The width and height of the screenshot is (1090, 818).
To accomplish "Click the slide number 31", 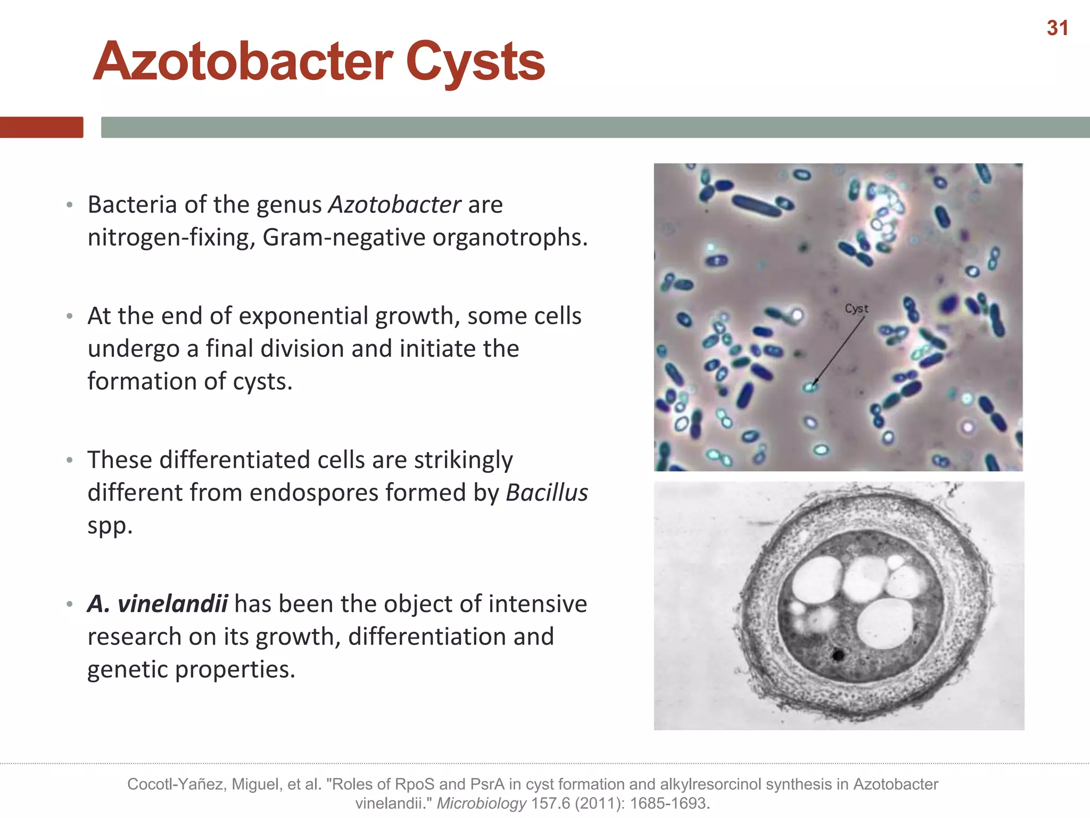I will pyautogui.click(x=1057, y=28).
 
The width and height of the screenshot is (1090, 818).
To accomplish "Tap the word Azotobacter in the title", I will pyautogui.click(x=243, y=62).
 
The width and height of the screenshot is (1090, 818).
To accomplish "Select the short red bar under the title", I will pyautogui.click(x=42, y=127).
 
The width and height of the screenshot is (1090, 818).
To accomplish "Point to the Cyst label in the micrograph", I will pyautogui.click(x=856, y=308).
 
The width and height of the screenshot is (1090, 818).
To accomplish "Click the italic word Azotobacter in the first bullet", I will pyautogui.click(x=394, y=204).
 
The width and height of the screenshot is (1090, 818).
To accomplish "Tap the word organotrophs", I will pyautogui.click(x=509, y=238).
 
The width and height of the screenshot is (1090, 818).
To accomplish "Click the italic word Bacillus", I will pyautogui.click(x=547, y=493).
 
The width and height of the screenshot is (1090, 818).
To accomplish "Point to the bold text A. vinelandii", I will pyautogui.click(x=158, y=604).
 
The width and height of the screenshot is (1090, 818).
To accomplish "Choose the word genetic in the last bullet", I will pyautogui.click(x=128, y=669).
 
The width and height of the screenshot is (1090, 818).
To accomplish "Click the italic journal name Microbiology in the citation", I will pyautogui.click(x=481, y=803).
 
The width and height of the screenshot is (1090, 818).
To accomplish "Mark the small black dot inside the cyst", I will pyautogui.click(x=838, y=655).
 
